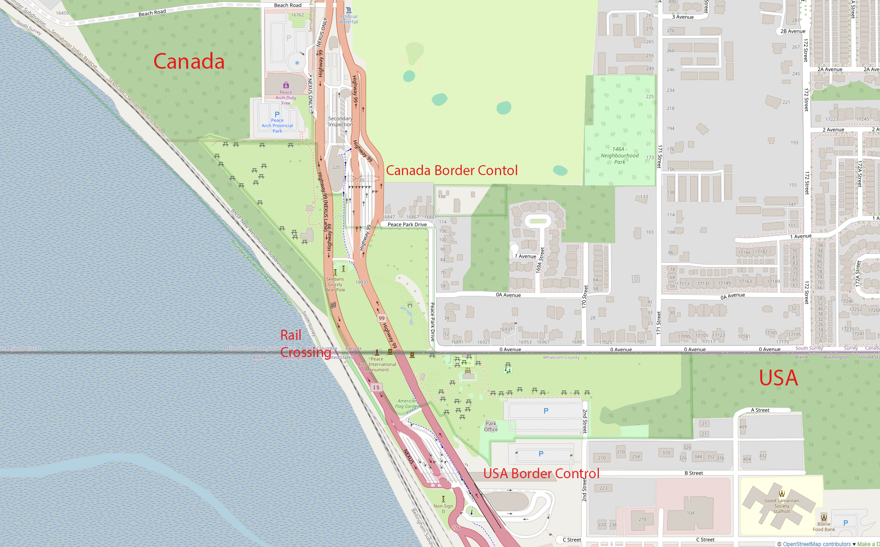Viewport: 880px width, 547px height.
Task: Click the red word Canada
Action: pyautogui.click(x=189, y=62)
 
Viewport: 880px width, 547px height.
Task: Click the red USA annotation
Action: pyautogui.click(x=778, y=378)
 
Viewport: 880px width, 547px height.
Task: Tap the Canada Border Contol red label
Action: pyautogui.click(x=452, y=171)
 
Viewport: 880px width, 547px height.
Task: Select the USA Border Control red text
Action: pyautogui.click(x=541, y=474)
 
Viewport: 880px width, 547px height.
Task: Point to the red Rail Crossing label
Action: pyautogui.click(x=305, y=344)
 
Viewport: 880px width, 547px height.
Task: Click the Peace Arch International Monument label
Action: pyautogui.click(x=377, y=365)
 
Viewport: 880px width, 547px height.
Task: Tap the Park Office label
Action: pyautogui.click(x=491, y=427)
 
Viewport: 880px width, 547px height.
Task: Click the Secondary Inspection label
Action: pyautogui.click(x=340, y=122)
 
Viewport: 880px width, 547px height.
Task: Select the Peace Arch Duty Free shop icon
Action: pyautogui.click(x=286, y=85)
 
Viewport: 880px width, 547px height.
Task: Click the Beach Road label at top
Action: pyautogui.click(x=287, y=5)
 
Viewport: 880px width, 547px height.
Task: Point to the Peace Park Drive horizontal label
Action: pyautogui.click(x=407, y=224)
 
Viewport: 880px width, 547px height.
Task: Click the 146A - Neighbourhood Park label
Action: pyautogui.click(x=620, y=155)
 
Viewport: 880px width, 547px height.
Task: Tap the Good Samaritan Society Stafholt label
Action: pyautogui.click(x=781, y=506)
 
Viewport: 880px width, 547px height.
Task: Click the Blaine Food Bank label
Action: pyautogui.click(x=824, y=527)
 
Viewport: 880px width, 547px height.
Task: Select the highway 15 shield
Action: pyautogui.click(x=376, y=387)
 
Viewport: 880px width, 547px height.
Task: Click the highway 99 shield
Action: pyautogui.click(x=382, y=318)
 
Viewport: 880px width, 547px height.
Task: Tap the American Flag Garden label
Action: pyautogui.click(x=407, y=404)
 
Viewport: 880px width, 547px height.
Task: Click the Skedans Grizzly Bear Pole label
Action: pyautogui.click(x=335, y=285)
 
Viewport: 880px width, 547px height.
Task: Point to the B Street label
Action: pyautogui.click(x=693, y=473)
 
